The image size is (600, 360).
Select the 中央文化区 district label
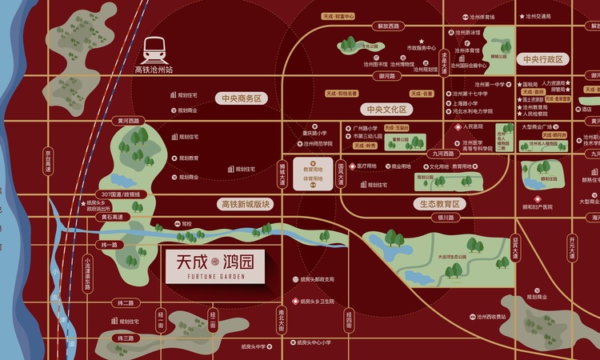tap(386, 109)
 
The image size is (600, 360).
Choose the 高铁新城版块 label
tap(246, 204)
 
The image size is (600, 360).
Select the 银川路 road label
tap(446, 216)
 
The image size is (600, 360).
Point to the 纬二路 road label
tap(126, 303)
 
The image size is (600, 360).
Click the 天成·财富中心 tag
tap(338, 15)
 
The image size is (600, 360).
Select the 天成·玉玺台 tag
tap(396, 127)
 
